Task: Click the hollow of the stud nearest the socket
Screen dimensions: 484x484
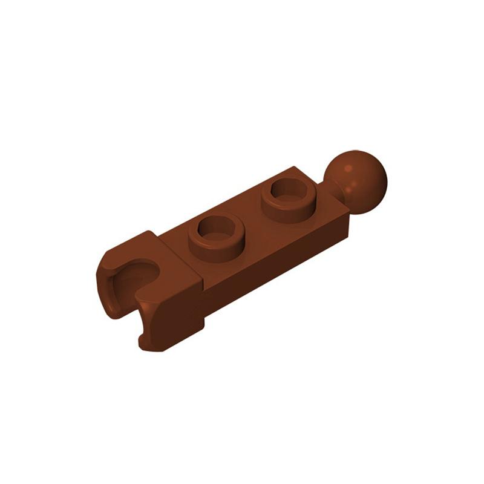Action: (215, 229)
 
